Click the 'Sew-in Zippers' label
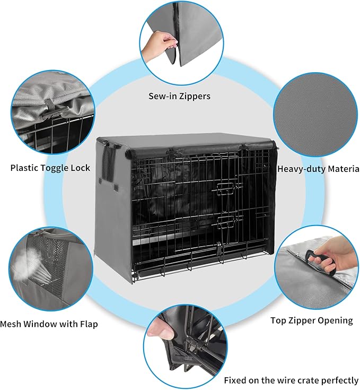coord(179,96)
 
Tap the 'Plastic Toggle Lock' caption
coord(50,168)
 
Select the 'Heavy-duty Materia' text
coord(318,169)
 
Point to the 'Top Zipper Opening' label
coord(311,320)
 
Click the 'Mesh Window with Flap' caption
coord(49,324)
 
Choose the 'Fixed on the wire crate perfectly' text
coord(291,380)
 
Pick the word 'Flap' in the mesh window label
coord(88,324)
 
